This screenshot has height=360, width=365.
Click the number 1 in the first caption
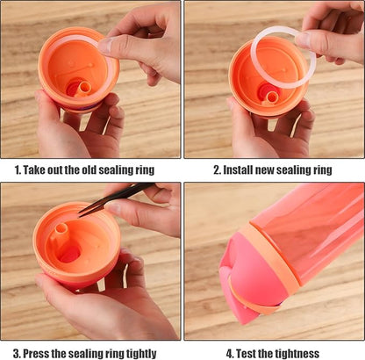click(x=17, y=169)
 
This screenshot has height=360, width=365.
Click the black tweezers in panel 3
click(x=115, y=198)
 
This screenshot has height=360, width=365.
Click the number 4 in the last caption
click(x=230, y=353)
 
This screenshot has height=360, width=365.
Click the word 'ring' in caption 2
click(x=319, y=169)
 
